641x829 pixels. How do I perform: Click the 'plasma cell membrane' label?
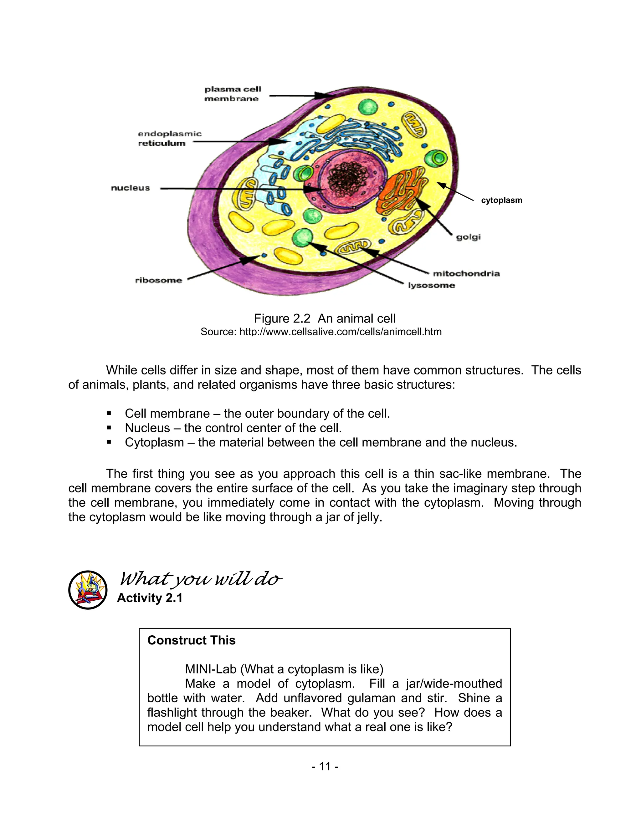pyautogui.click(x=233, y=94)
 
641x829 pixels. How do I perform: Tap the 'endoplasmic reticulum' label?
pyautogui.click(x=169, y=138)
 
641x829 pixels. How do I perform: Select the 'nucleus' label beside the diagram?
pyautogui.click(x=130, y=188)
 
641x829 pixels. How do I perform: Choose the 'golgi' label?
pyautogui.click(x=468, y=237)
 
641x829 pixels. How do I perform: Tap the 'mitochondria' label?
pyautogui.click(x=466, y=273)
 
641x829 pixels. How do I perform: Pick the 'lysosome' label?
pyautogui.click(x=431, y=285)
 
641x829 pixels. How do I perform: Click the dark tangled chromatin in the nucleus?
pyautogui.click(x=347, y=178)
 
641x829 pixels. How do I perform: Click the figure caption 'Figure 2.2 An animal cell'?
pyautogui.click(x=325, y=318)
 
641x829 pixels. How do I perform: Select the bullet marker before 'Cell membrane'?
pyautogui.click(x=109, y=413)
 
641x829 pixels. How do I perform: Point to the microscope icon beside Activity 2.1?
pyautogui.click(x=88, y=590)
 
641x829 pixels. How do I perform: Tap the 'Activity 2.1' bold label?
pyautogui.click(x=150, y=598)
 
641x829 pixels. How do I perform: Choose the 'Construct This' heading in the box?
pyautogui.click(x=191, y=640)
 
